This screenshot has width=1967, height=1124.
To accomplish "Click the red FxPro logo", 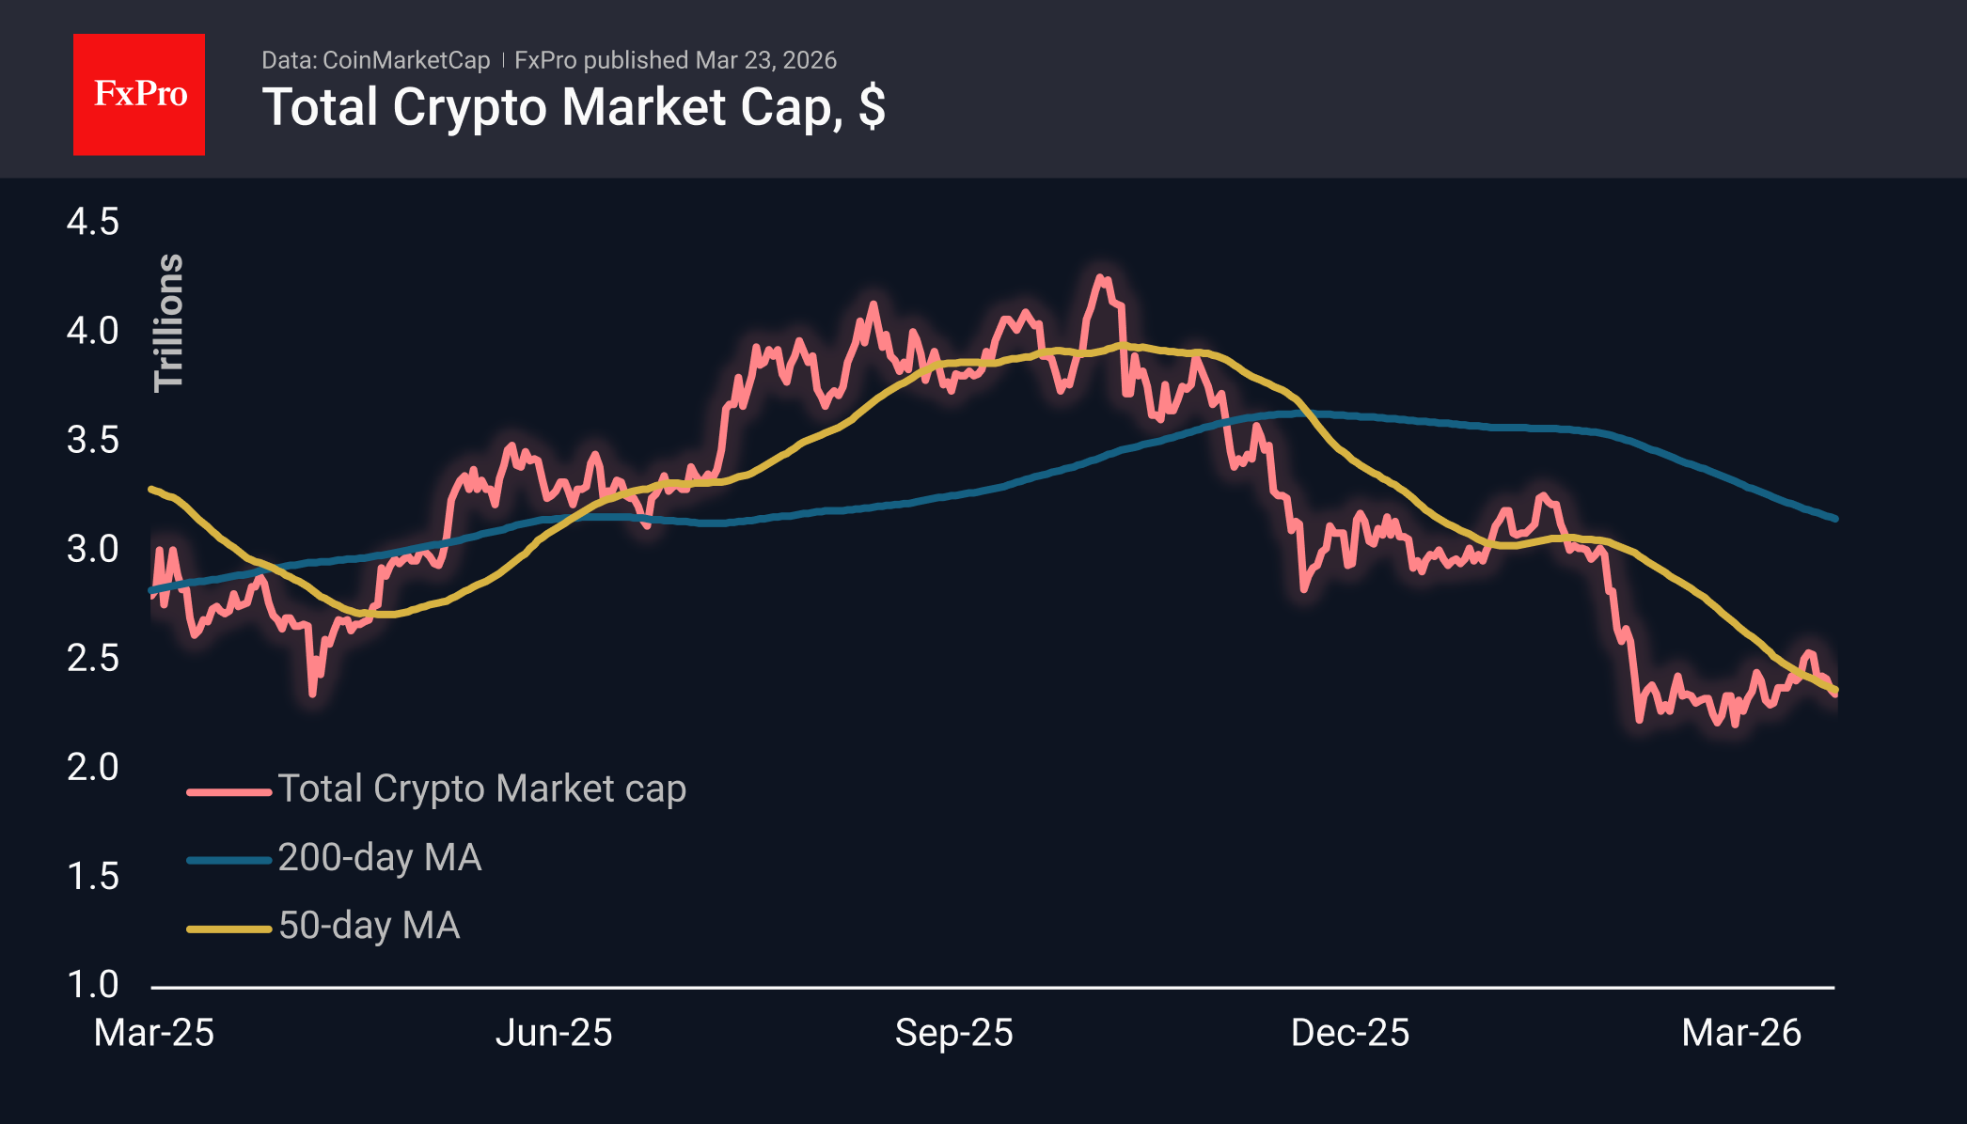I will [x=139, y=94].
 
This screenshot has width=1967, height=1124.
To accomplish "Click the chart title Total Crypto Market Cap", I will [x=573, y=107].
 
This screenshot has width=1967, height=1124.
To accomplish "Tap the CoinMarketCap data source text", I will [x=405, y=60].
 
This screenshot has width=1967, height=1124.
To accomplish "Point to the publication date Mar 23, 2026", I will [x=765, y=60].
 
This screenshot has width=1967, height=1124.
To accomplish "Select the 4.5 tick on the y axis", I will [x=93, y=222].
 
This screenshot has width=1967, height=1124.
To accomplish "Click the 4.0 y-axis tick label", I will [x=93, y=331].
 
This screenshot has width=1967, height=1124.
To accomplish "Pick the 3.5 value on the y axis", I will [x=93, y=440].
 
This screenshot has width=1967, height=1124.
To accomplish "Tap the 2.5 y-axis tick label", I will [x=93, y=658].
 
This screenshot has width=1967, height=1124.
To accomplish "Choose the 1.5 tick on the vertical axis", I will [x=93, y=876].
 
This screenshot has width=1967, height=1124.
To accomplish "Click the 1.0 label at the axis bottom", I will [x=93, y=985].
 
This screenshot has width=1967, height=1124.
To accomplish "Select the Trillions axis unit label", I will [x=169, y=322].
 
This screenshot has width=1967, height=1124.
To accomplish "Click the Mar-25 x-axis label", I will [x=154, y=1033].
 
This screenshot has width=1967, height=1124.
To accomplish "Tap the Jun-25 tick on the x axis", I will [x=554, y=1033].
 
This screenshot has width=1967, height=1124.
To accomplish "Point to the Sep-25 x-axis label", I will [x=953, y=1033].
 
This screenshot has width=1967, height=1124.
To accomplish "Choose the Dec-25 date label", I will [x=1350, y=1033].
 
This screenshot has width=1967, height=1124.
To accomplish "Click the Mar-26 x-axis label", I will [x=1741, y=1033].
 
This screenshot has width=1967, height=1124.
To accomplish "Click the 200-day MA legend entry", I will [x=380, y=857].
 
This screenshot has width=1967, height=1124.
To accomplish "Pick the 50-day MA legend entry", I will [x=369, y=926].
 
